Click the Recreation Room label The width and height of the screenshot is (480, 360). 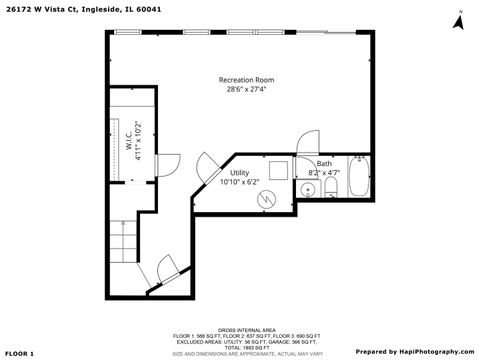click(246, 79)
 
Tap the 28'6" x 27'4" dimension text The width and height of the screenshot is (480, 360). click(246, 89)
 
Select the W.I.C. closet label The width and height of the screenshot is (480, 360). click(129, 139)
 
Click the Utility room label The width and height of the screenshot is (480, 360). click(240, 172)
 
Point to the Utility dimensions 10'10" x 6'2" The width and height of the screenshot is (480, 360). click(240, 182)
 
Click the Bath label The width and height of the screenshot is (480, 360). click(324, 164)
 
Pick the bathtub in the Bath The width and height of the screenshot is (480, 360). click(359, 177)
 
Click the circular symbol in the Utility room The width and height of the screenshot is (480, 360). click(267, 199)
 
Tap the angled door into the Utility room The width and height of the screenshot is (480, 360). click(208, 166)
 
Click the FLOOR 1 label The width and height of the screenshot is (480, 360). click(18, 352)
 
